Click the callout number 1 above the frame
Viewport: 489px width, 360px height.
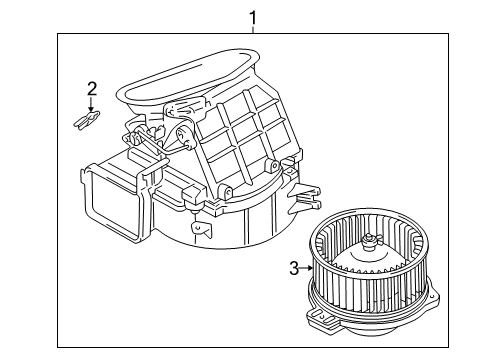[253, 18]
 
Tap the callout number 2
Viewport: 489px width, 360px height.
[92, 89]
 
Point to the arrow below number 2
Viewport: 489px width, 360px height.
[91, 105]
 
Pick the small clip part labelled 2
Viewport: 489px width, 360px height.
[87, 120]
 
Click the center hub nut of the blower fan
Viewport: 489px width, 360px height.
[369, 242]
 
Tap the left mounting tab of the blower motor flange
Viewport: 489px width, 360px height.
[321, 317]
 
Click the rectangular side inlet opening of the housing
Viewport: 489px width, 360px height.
[112, 200]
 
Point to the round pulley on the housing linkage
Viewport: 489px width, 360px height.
[184, 136]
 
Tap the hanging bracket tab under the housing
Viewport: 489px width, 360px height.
[201, 228]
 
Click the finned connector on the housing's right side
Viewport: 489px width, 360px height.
[305, 199]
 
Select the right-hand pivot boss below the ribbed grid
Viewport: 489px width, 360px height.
[272, 166]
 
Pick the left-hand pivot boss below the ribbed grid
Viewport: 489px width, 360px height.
[226, 192]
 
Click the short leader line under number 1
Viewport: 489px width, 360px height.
[253, 30]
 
